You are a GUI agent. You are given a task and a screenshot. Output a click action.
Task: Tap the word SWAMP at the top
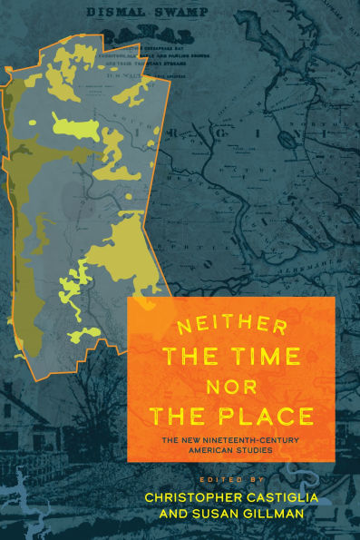181,12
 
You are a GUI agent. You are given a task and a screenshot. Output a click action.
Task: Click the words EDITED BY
222,477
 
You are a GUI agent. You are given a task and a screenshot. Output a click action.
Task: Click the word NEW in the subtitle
182,440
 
